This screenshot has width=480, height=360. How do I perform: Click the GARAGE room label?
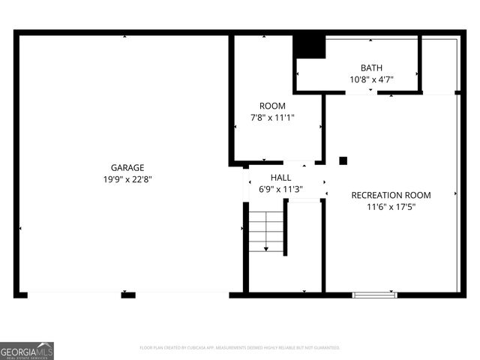point(127,168)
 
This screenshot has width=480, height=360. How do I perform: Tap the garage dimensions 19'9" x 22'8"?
point(127,179)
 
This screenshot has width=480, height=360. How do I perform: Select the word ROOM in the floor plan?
point(272,106)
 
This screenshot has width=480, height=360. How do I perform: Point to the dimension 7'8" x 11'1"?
point(272,117)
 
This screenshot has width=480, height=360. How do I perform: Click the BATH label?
point(371,67)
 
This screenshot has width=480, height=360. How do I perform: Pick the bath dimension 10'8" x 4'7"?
point(371,79)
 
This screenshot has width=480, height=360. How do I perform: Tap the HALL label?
point(281,178)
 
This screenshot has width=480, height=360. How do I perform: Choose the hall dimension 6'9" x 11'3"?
point(281,189)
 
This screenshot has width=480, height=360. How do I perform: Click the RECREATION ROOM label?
point(391,195)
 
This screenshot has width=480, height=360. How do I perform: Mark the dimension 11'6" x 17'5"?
point(391,206)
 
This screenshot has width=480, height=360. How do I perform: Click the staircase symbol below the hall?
point(266,232)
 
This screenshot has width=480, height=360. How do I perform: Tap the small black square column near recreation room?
point(343,160)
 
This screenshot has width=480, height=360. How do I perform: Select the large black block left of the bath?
point(309,46)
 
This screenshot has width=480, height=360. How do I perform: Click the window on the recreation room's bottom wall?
point(374,295)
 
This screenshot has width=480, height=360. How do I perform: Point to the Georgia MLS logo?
point(27,350)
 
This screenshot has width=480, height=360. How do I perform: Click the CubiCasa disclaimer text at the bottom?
point(240,348)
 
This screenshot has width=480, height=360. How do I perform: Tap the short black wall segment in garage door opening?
point(128,295)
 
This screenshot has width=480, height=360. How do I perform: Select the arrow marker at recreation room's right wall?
point(456,193)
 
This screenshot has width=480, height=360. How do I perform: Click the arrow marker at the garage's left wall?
point(20,228)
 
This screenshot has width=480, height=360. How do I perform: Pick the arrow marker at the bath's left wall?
point(298,73)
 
